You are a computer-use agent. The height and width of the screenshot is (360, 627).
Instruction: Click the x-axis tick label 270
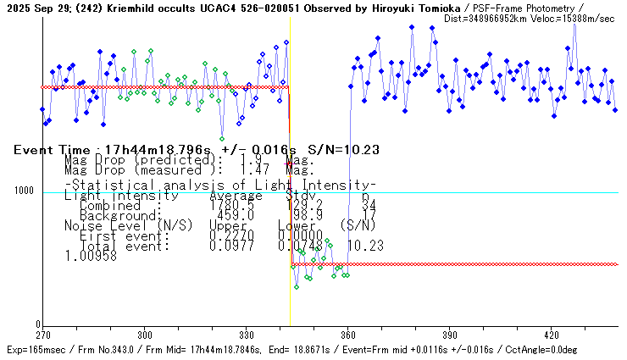(x=43, y=335)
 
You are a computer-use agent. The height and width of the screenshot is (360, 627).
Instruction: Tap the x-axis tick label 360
(x=348, y=335)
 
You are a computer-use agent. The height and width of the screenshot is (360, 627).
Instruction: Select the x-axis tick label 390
(x=450, y=335)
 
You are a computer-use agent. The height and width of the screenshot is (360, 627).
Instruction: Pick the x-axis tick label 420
(x=552, y=335)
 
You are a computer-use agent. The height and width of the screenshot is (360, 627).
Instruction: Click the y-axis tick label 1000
(x=23, y=191)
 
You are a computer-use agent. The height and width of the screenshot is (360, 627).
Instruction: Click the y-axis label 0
(x=36, y=324)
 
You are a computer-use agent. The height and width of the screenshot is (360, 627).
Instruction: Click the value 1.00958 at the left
(x=89, y=255)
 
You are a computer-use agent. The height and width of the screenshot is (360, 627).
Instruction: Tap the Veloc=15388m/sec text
(x=576, y=19)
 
